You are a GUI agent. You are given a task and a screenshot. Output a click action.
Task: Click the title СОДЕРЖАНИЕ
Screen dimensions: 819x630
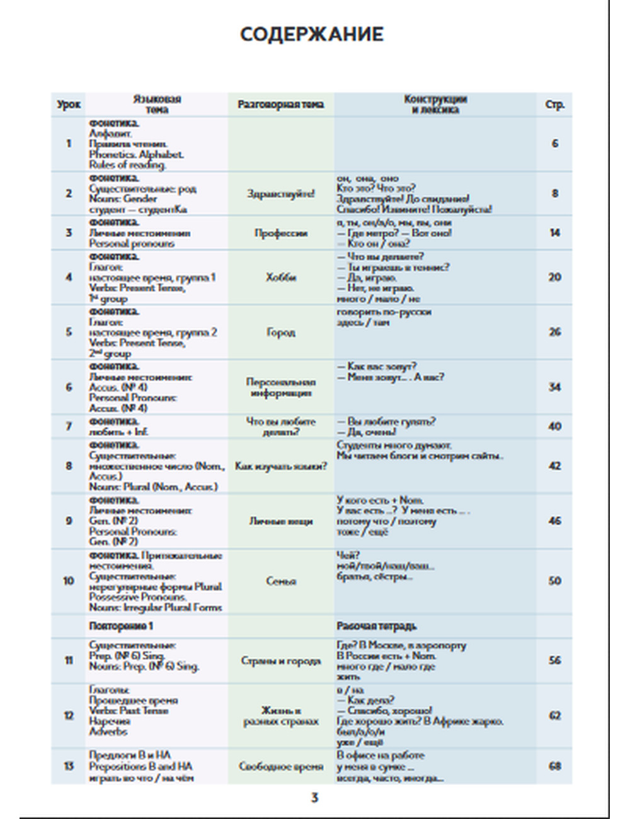point(312,34)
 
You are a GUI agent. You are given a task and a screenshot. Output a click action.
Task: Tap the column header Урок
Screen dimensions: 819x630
point(69,105)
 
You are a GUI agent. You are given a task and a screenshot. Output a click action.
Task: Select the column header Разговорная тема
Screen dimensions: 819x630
point(281,105)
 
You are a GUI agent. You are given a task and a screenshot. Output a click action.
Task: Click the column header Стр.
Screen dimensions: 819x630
point(554,105)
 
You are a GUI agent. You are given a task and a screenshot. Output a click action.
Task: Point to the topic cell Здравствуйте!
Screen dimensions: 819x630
point(281,193)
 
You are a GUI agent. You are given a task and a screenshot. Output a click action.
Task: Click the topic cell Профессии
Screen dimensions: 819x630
point(281,233)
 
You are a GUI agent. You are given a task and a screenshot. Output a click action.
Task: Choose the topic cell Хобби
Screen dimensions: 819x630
point(281,277)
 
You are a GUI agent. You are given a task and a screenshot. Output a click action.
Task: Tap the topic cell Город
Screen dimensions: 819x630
point(281,332)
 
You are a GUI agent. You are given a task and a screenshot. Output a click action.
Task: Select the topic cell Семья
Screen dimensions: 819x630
point(281,581)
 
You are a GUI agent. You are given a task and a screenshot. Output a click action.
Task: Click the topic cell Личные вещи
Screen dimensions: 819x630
point(281,521)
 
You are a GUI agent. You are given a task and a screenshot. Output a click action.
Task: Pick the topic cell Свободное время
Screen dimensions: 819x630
point(281,766)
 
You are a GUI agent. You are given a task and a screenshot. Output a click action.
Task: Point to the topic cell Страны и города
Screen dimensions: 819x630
point(281,661)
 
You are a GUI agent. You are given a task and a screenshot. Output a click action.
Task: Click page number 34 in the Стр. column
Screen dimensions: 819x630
point(554,387)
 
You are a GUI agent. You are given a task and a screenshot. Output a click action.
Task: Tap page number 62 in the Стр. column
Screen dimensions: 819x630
point(554,716)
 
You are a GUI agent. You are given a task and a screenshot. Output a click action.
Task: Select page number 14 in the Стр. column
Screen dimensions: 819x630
point(554,233)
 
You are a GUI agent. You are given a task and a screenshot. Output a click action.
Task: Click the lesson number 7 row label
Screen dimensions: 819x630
point(69,427)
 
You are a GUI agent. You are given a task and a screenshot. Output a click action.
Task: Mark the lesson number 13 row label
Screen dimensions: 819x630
point(69,766)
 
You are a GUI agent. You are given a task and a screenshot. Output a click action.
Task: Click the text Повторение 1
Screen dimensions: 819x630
point(121,626)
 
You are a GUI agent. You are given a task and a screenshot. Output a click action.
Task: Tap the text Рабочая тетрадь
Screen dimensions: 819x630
point(376,626)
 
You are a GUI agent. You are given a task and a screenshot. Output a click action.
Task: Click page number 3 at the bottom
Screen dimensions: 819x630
point(315,798)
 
